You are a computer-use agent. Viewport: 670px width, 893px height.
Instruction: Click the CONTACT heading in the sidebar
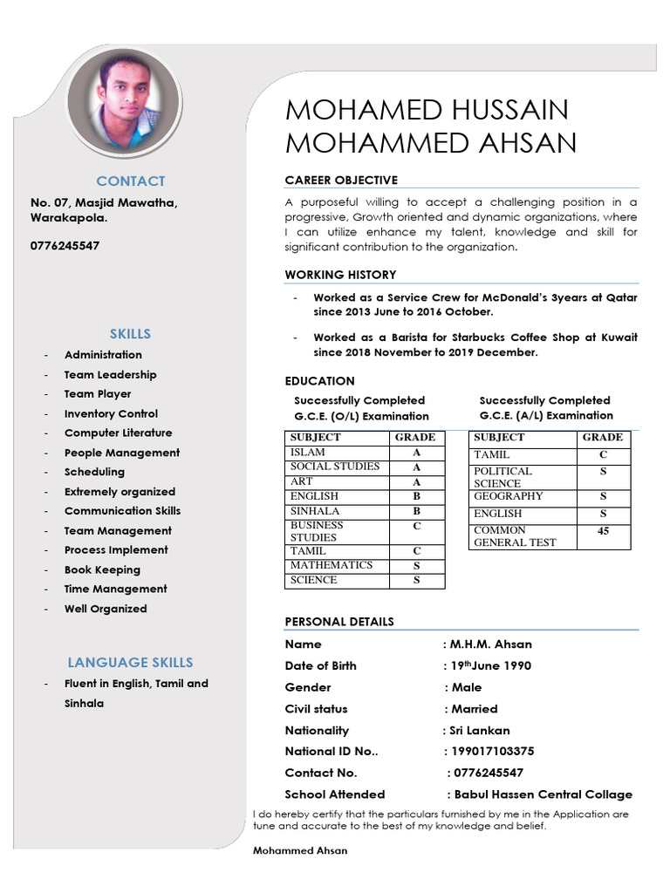click(x=130, y=181)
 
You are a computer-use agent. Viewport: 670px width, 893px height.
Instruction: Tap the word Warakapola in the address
click(x=68, y=218)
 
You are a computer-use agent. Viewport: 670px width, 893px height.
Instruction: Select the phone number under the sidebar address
click(x=65, y=246)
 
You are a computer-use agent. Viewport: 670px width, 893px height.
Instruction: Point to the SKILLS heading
click(x=130, y=333)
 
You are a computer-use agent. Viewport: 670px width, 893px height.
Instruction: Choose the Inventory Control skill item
click(x=111, y=413)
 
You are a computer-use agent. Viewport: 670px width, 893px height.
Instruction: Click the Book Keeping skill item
click(x=102, y=569)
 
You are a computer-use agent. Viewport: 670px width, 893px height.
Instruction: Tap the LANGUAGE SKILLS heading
click(x=130, y=662)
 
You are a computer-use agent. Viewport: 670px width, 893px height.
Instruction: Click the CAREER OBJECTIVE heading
click(x=341, y=180)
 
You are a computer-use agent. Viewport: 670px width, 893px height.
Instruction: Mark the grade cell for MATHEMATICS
click(x=416, y=565)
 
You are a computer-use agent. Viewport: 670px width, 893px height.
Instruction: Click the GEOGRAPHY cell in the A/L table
click(x=509, y=496)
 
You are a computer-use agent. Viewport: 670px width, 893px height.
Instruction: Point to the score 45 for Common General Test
click(x=603, y=531)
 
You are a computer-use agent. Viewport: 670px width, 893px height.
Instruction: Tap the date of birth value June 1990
click(x=492, y=665)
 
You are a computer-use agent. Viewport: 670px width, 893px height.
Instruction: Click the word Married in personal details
click(x=475, y=709)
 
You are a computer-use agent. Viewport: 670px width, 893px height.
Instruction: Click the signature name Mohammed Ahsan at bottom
click(x=299, y=850)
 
